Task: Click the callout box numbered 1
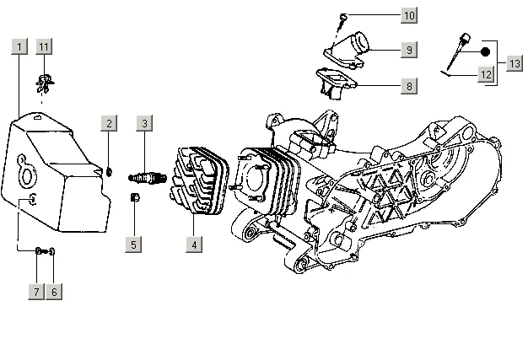pyautogui.click(x=19, y=46)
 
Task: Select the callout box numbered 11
pyautogui.click(x=45, y=46)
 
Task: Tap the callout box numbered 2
pyautogui.click(x=110, y=124)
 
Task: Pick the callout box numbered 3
pyautogui.click(x=145, y=124)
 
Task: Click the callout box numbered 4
pyautogui.click(x=194, y=244)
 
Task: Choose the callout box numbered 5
pyautogui.click(x=134, y=244)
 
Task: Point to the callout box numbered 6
pyautogui.click(x=55, y=292)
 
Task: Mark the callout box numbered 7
pyautogui.click(x=37, y=292)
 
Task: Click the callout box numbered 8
pyautogui.click(x=408, y=86)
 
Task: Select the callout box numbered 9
pyautogui.click(x=408, y=51)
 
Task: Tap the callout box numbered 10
pyautogui.click(x=408, y=16)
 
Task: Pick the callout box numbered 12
pyautogui.click(x=485, y=74)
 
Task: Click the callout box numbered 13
pyautogui.click(x=514, y=63)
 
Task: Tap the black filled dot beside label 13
pyautogui.click(x=485, y=51)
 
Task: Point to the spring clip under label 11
pyautogui.click(x=44, y=82)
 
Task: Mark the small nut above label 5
pyautogui.click(x=133, y=198)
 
